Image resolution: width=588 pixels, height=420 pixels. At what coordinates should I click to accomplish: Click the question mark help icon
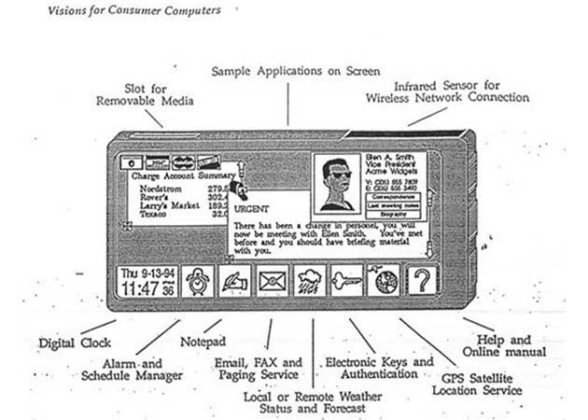(422, 279)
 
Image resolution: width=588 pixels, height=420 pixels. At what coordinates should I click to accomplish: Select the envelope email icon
(272, 280)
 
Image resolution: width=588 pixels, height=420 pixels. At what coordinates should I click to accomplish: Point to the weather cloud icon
(310, 280)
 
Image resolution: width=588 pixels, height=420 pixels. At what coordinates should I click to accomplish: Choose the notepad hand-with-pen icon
(233, 280)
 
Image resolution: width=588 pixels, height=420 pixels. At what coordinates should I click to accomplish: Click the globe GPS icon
(384, 279)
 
